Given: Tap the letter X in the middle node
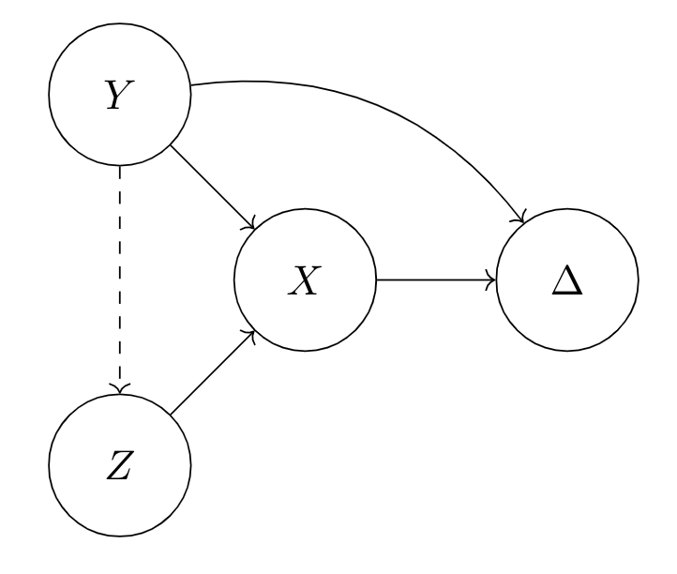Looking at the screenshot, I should pyautogui.click(x=305, y=279).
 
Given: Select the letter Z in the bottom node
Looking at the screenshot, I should pyautogui.click(x=119, y=465).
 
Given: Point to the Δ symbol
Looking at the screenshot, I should pyautogui.click(x=566, y=281).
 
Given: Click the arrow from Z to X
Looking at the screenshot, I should pyautogui.click(x=212, y=372).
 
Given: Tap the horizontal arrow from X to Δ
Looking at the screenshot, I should pyautogui.click(x=435, y=279).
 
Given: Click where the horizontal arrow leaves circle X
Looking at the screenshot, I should pyautogui.click(x=376, y=279).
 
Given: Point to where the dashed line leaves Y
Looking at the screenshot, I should pyautogui.click(x=119, y=167).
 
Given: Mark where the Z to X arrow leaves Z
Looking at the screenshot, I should pyautogui.click(x=171, y=414).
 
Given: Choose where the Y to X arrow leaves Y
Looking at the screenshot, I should pyautogui.click(x=170, y=146).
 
